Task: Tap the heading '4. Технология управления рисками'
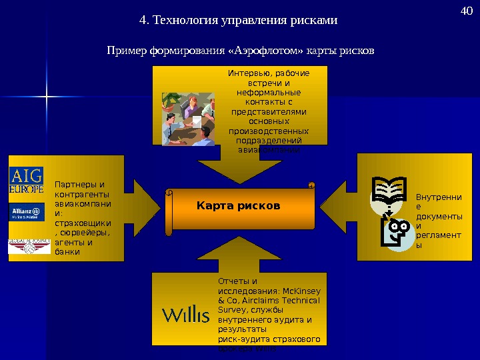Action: point(238,20)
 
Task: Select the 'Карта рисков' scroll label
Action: point(239,205)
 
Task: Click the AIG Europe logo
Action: point(26,181)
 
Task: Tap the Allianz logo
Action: point(26,213)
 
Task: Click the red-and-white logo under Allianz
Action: point(29,246)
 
